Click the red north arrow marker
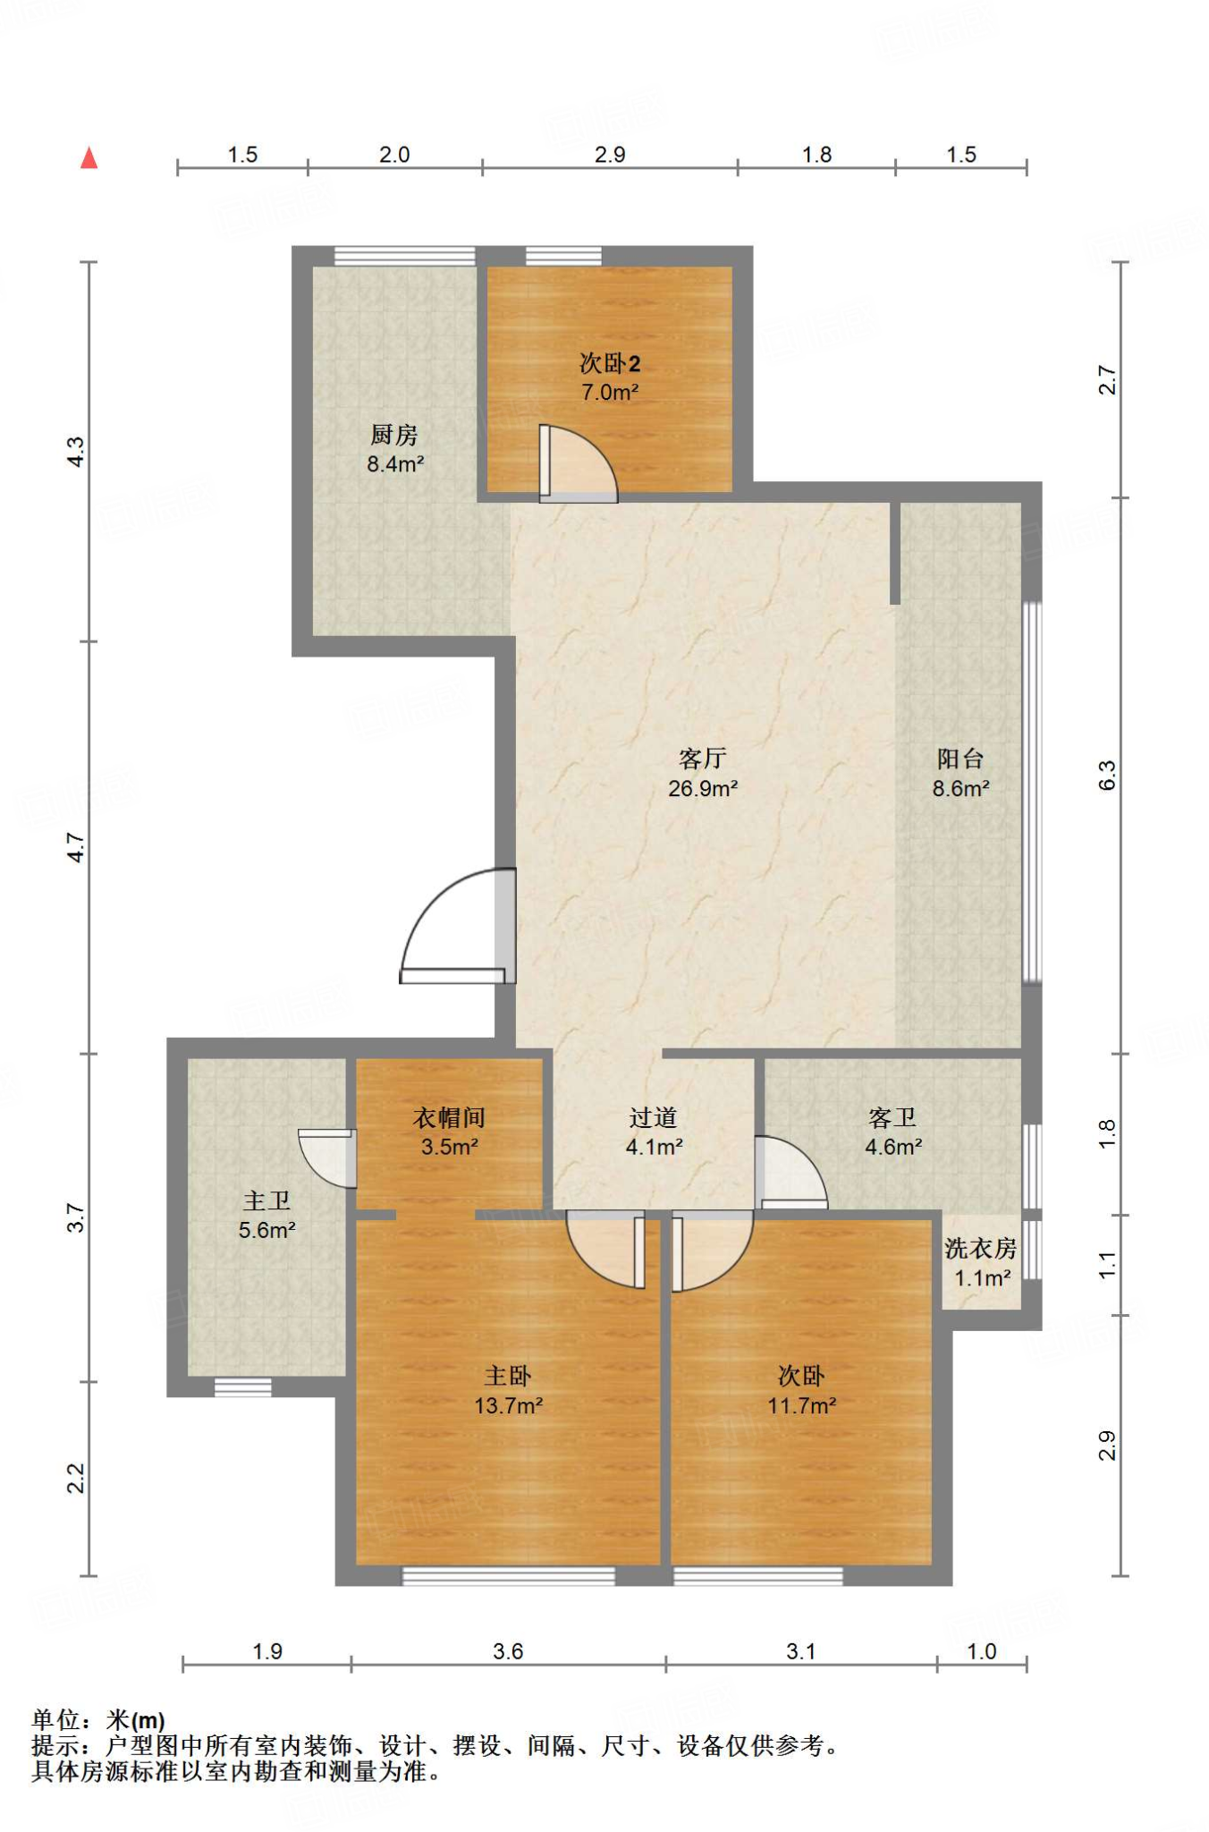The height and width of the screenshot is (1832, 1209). pyautogui.click(x=89, y=158)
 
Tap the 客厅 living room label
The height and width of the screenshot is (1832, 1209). pyautogui.click(x=702, y=759)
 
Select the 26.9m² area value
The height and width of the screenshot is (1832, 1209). pyautogui.click(x=703, y=788)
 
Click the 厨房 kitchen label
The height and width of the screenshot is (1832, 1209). pyautogui.click(x=394, y=435)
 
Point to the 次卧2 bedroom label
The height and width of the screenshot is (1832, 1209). pyautogui.click(x=610, y=363)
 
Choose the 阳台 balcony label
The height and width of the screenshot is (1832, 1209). pyautogui.click(x=960, y=759)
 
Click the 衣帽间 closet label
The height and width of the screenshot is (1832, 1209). pyautogui.click(x=449, y=1117)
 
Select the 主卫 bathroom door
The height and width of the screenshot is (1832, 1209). pyautogui.click(x=327, y=1158)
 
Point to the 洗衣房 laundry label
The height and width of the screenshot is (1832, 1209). pyautogui.click(x=981, y=1248)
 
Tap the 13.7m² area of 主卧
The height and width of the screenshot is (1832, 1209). pyautogui.click(x=508, y=1405)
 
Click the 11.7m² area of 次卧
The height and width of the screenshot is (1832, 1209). pyautogui.click(x=801, y=1405)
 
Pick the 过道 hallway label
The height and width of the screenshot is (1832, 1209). pyautogui.click(x=653, y=1117)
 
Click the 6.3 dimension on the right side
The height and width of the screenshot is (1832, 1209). pyautogui.click(x=1107, y=776)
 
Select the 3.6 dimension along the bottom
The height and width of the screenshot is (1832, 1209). pyautogui.click(x=508, y=1651)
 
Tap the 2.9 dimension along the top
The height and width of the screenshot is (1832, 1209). pyautogui.click(x=610, y=155)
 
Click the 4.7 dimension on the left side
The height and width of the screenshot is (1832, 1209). pyautogui.click(x=76, y=847)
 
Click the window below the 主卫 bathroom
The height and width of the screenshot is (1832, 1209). pyautogui.click(x=243, y=1387)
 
